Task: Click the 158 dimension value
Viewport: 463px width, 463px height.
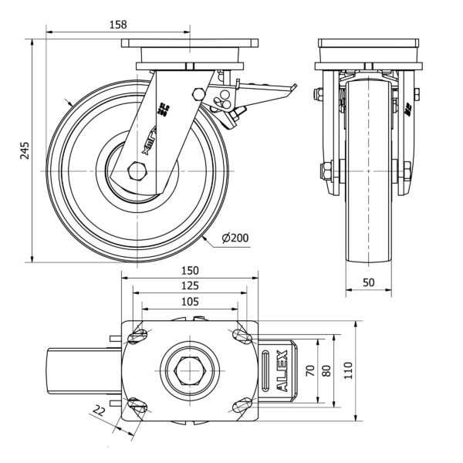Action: tap(118, 25)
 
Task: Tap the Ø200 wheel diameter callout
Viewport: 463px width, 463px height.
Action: tap(234, 238)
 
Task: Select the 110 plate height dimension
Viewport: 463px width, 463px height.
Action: tap(346, 371)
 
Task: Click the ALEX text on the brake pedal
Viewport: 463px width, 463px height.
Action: tap(282, 371)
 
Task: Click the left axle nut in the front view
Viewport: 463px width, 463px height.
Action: tap(323, 170)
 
